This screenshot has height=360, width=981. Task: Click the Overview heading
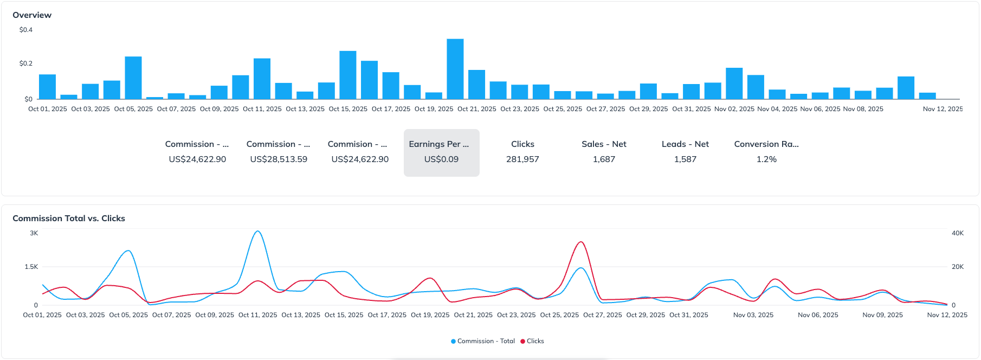(x=32, y=15)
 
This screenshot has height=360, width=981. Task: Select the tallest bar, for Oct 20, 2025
(x=455, y=69)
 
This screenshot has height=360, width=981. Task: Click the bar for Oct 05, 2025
(x=133, y=78)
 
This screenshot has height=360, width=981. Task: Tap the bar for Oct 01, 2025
(x=48, y=87)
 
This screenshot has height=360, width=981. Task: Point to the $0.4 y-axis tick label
(x=26, y=30)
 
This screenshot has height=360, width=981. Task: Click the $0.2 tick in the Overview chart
(x=26, y=63)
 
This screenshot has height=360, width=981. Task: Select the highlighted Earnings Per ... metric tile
(x=441, y=152)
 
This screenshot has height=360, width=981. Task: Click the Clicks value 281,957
(x=522, y=159)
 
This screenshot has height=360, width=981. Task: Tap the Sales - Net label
(x=604, y=144)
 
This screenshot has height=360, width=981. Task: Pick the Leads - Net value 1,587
(x=685, y=159)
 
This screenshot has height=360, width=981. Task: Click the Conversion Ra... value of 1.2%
(x=766, y=159)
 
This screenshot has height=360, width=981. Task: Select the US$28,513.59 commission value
(x=279, y=159)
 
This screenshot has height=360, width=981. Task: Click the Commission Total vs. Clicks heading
(x=69, y=218)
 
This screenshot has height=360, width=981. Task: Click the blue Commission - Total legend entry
(x=482, y=341)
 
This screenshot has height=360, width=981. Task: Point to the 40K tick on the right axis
(x=958, y=233)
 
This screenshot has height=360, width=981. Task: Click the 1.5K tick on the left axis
(x=31, y=267)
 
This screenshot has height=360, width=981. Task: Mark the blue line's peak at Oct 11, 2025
(x=258, y=232)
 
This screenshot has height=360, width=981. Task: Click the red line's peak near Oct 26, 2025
(x=581, y=242)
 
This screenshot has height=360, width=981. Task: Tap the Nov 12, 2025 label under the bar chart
(x=943, y=109)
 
